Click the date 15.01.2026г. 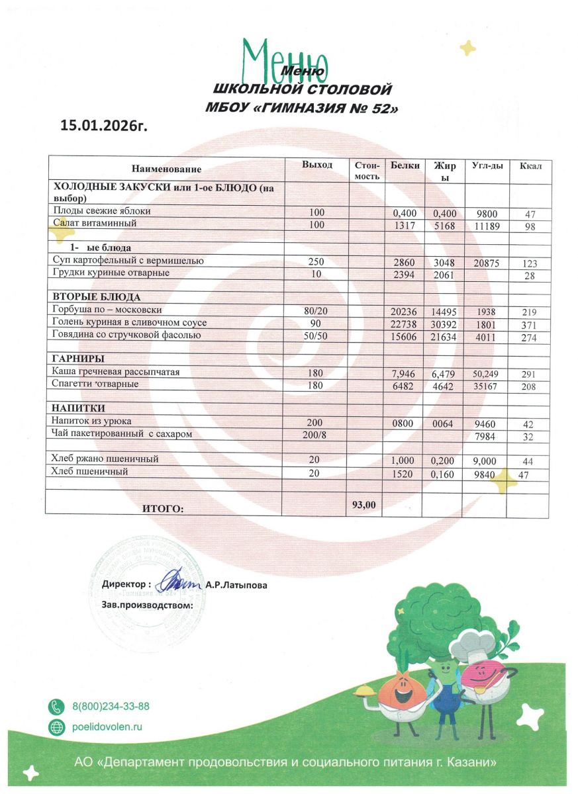pos(103,125)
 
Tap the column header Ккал pos(530,165)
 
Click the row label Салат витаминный pos(95,224)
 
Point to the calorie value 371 pos(528,324)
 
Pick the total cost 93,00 pos(364,504)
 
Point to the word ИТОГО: pos(162,508)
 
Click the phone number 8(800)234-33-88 pos(111,707)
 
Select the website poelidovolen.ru pos(107,727)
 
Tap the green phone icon pos(58,707)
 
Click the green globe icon pos(58,727)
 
